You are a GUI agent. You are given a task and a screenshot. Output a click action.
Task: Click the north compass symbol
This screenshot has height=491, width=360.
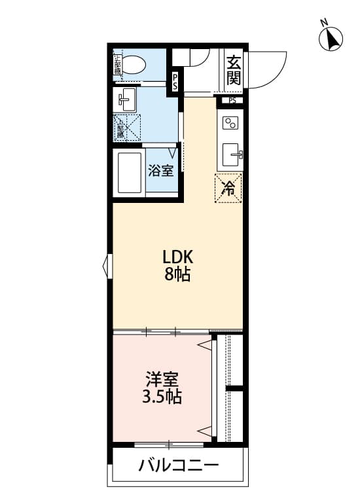(x=331, y=39)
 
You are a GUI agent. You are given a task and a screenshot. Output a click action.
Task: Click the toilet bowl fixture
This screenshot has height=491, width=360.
(x=135, y=65)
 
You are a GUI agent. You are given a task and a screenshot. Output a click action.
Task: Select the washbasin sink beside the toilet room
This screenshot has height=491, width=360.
(x=126, y=100)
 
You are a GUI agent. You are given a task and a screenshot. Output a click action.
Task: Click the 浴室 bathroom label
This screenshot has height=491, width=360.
(x=161, y=172)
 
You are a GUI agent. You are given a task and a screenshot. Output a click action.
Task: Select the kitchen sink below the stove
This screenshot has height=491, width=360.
(x=232, y=156)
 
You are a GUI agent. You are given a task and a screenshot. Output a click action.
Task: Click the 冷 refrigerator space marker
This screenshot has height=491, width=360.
(x=228, y=189)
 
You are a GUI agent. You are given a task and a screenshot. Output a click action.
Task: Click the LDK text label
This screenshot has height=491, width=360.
(x=177, y=256)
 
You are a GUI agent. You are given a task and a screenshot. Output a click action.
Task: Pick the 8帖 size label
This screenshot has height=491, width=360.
(x=177, y=274)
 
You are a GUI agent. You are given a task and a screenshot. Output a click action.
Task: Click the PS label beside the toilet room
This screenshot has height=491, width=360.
(x=175, y=82)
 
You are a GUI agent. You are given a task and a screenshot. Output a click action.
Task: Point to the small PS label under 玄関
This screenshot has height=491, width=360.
(x=232, y=101)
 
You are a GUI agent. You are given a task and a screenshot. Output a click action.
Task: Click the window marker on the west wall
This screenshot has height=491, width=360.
(x=106, y=266)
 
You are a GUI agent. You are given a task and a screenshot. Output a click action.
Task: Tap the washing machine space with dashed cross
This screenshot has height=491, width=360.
(x=128, y=128)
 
